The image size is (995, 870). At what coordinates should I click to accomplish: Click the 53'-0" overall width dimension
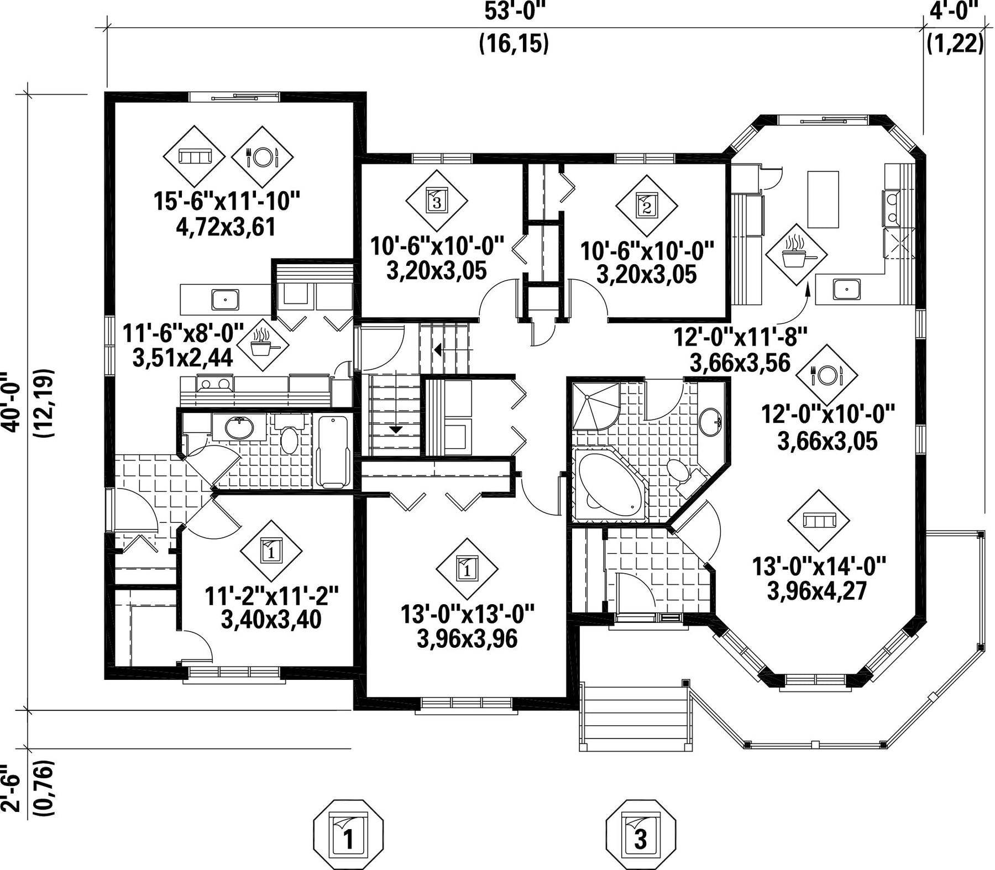pyautogui.click(x=514, y=11)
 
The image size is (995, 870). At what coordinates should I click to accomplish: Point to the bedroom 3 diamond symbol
pyautogui.click(x=436, y=201)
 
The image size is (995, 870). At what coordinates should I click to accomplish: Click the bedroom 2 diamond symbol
pyautogui.click(x=647, y=207)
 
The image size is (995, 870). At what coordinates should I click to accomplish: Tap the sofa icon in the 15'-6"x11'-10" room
pyautogui.click(x=194, y=156)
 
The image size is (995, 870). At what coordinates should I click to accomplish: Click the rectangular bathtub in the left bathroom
pyautogui.click(x=333, y=452)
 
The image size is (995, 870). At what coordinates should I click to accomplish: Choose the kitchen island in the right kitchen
pyautogui.click(x=823, y=200)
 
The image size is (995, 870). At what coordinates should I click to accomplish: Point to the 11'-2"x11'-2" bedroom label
pyautogui.click(x=271, y=596)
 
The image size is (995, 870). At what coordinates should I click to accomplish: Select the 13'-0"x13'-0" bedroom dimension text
pyautogui.click(x=468, y=615)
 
